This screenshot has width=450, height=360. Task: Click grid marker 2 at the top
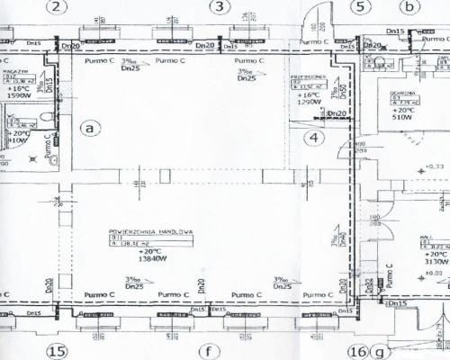coord(60,9)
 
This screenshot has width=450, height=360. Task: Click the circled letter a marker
coord(88,127)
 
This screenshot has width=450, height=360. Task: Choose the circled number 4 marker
coord(313,138)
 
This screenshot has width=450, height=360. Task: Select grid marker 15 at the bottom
coord(58,351)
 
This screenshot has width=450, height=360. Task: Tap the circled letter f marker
coord(210,351)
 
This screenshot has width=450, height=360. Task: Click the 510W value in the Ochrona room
coord(400,116)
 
